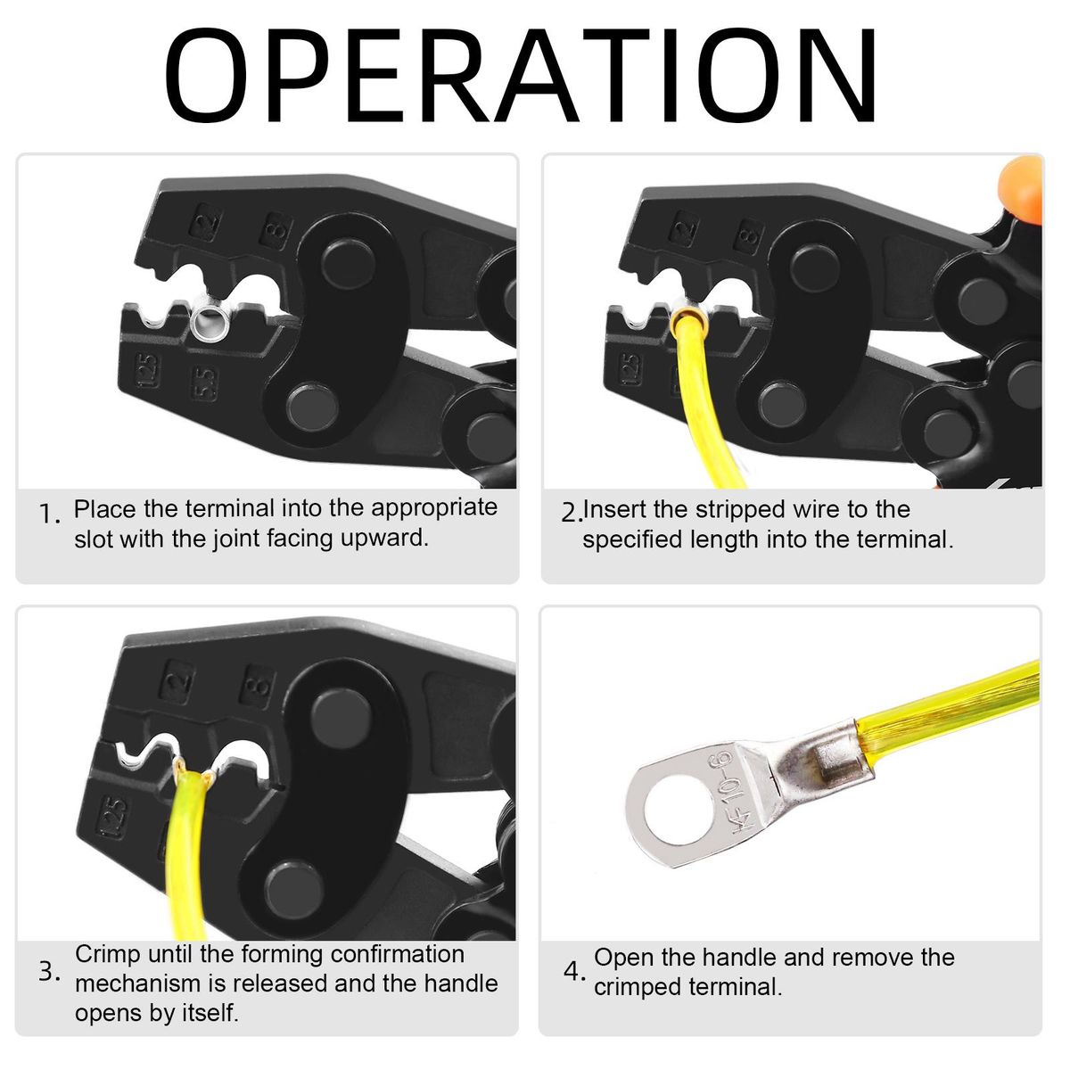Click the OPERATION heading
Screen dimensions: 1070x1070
tap(520, 75)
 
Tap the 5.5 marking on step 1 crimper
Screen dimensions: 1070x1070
tap(204, 383)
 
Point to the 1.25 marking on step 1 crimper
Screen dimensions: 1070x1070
tap(146, 369)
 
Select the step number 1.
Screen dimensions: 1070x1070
tap(49, 514)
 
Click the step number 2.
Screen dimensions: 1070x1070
tap(572, 513)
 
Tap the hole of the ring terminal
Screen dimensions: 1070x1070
tap(676, 811)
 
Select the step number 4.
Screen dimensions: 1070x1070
tap(573, 971)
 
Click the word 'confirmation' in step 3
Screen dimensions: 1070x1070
tap(398, 954)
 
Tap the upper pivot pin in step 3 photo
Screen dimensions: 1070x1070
tap(341, 719)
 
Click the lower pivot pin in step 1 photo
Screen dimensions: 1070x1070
tap(312, 407)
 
